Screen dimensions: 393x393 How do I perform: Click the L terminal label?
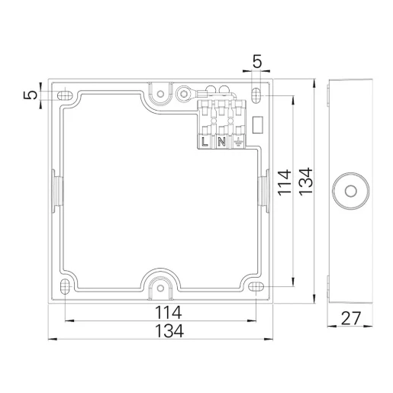(205, 141)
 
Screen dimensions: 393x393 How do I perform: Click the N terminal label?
(221, 141)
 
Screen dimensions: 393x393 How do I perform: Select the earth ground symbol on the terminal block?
(237, 141)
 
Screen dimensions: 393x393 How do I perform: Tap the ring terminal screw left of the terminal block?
(184, 95)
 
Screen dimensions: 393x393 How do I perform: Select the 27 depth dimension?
(352, 317)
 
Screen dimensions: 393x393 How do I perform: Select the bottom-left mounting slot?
(65, 287)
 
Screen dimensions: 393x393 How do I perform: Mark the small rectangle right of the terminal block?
(257, 123)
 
